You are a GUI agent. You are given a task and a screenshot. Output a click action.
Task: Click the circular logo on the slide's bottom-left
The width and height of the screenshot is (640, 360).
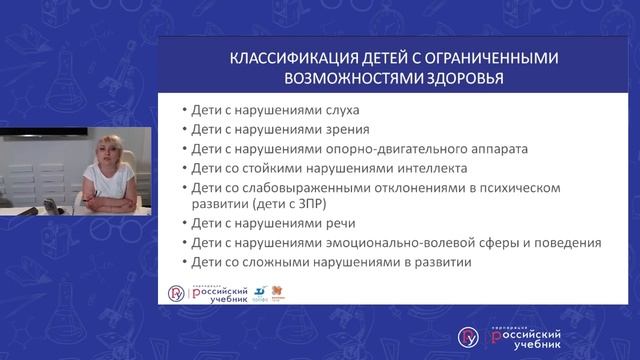click(x=176, y=294)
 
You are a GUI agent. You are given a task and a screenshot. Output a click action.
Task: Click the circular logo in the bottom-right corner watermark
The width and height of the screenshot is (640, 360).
click(x=468, y=335)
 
